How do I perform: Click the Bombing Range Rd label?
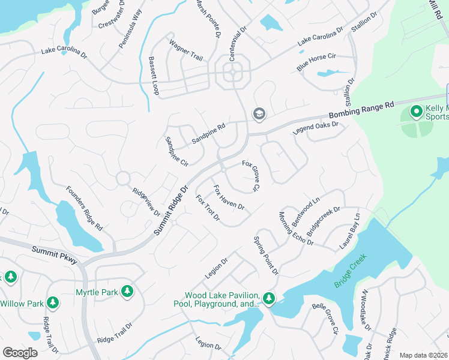point(361,109)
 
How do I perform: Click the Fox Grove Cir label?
point(250,176)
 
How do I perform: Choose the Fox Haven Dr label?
point(229,197)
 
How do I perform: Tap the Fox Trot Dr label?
point(208,207)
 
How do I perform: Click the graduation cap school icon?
point(259,113)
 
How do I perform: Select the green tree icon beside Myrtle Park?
point(127,292)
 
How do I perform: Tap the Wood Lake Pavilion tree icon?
point(269,298)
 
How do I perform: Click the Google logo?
point(20,353)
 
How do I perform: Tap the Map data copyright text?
point(423,355)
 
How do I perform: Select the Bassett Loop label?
point(154,76)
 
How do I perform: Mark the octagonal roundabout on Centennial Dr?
point(233,74)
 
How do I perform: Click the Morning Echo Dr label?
point(295,229)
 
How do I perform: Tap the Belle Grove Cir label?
point(325,318)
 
